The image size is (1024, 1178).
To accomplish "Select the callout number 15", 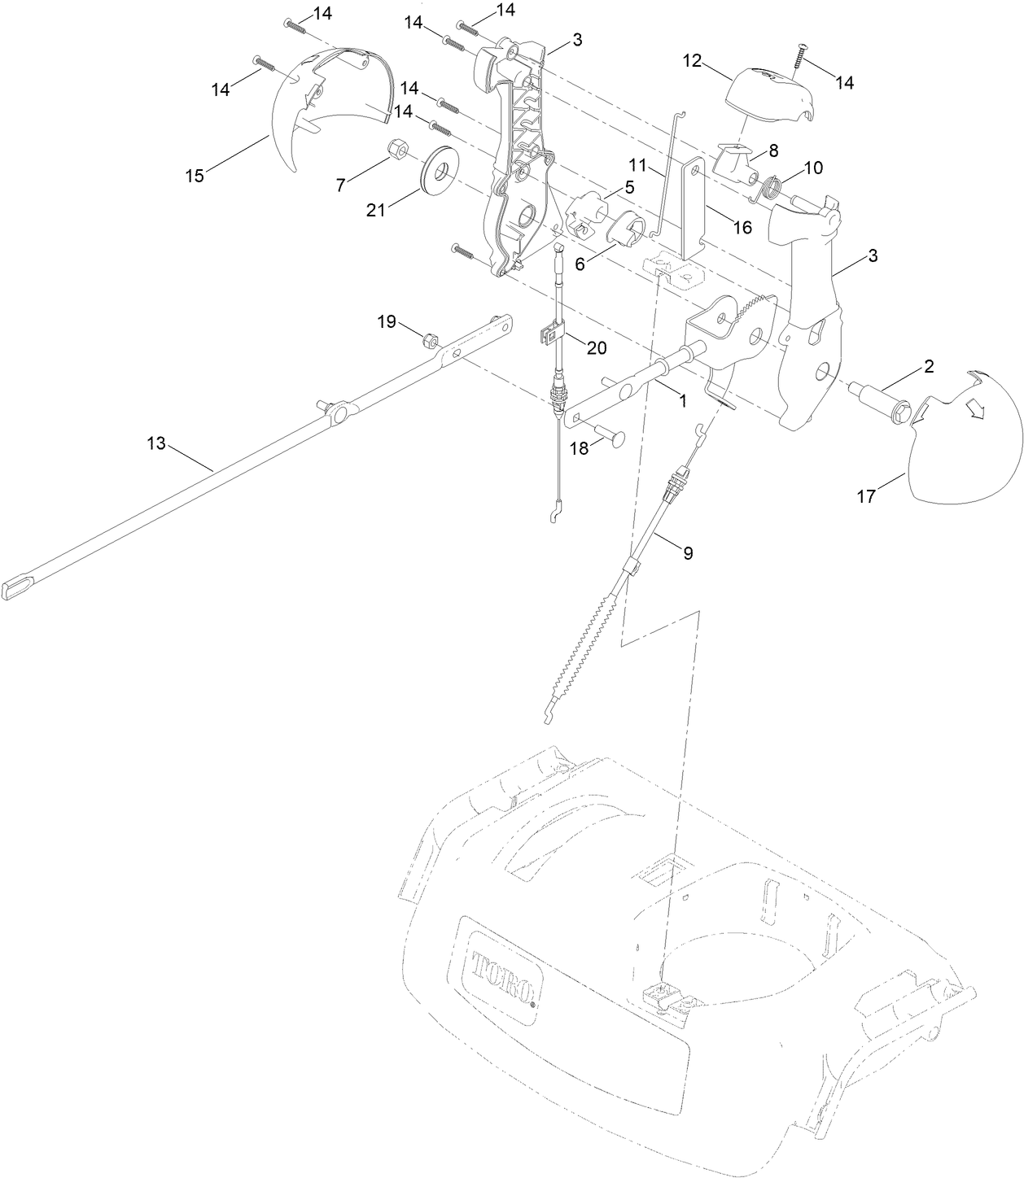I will point(195,176).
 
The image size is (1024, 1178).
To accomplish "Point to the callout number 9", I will point(688,553).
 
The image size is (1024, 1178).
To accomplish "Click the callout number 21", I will point(375,211).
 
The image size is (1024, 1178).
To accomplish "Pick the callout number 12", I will point(692,61).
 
